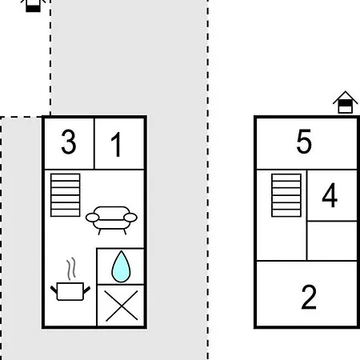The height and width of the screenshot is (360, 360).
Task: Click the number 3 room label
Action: (x=69, y=142)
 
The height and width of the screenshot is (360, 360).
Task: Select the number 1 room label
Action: (x=116, y=145)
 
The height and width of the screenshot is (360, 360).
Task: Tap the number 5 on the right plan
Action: (x=304, y=142)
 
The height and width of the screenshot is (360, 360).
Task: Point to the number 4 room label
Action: (x=330, y=195)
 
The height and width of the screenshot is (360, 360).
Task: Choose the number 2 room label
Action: (x=309, y=297)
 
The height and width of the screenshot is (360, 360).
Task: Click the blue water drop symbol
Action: (x=121, y=266)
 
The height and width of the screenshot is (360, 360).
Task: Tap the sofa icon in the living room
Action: (x=111, y=220)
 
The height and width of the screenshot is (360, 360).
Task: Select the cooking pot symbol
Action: (x=70, y=291)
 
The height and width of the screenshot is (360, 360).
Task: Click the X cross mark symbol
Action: (x=122, y=306)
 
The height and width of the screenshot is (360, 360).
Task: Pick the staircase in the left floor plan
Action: (x=66, y=195)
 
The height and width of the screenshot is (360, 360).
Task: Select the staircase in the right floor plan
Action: (x=286, y=195)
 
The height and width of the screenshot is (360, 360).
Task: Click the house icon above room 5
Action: (x=345, y=102)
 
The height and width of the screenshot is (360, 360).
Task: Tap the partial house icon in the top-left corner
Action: (x=33, y=6)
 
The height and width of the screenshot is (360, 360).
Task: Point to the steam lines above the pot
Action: (x=71, y=269)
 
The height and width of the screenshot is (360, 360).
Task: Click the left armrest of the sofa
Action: (x=92, y=218)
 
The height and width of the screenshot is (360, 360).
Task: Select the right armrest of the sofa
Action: (x=130, y=218)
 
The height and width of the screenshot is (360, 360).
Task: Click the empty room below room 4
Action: (x=332, y=241)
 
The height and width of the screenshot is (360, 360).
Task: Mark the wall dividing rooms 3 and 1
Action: (x=94, y=144)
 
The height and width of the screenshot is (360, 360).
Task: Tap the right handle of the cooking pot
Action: (x=87, y=290)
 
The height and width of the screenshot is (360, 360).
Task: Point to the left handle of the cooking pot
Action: (x=54, y=290)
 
